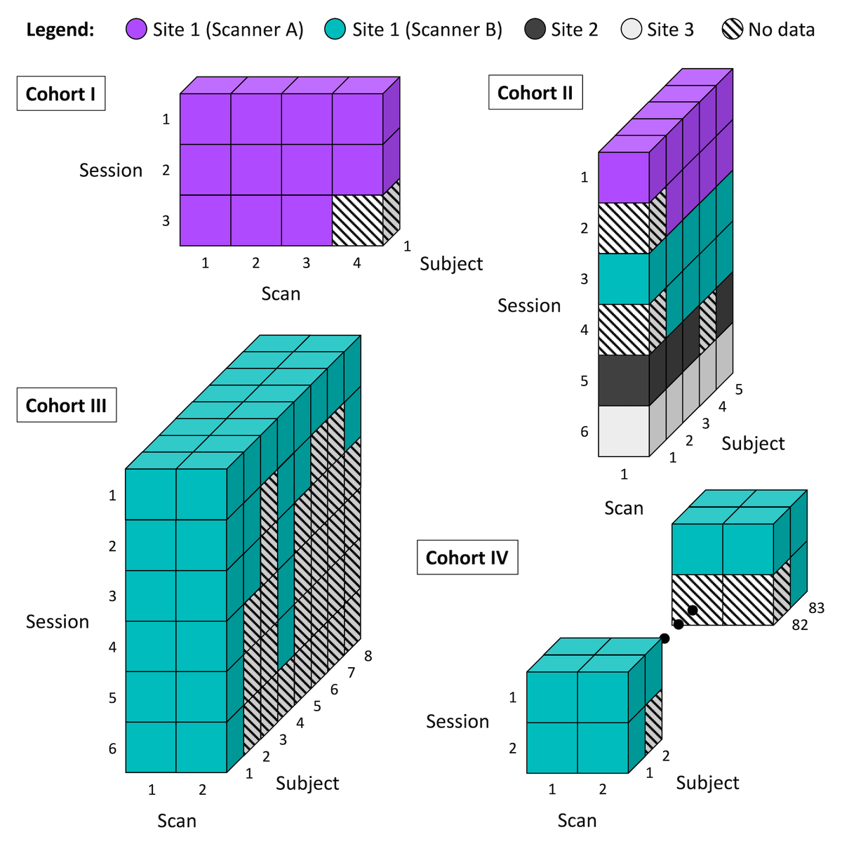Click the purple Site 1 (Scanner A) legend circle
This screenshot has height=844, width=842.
pos(136,29)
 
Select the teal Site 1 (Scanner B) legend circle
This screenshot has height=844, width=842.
pos(335,29)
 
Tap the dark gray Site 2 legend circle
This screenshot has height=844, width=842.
pos(535,29)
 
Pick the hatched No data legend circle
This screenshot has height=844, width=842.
pos(732,29)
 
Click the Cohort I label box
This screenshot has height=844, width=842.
pos(61,93)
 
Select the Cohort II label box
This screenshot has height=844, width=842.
pos(535,92)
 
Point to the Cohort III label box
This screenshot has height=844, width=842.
pos(67,405)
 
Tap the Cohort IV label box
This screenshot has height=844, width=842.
pos(467,557)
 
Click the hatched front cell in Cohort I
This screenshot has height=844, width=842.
pos(357,220)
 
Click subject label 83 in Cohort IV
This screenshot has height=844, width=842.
pos(816,608)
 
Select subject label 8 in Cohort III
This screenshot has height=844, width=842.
pos(368,656)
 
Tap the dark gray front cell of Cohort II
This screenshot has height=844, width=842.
pos(624,380)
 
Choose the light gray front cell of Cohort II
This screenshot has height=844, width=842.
pos(624,431)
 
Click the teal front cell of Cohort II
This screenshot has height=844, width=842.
pos(624,279)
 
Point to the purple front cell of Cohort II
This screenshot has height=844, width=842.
pos(624,178)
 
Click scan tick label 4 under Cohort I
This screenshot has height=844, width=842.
pos(357,263)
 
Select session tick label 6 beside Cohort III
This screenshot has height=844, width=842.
pos(112,749)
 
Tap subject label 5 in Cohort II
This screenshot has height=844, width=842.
pos(739,389)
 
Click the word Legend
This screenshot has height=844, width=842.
pos(60,29)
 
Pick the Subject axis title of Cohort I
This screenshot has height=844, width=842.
pos(451,264)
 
